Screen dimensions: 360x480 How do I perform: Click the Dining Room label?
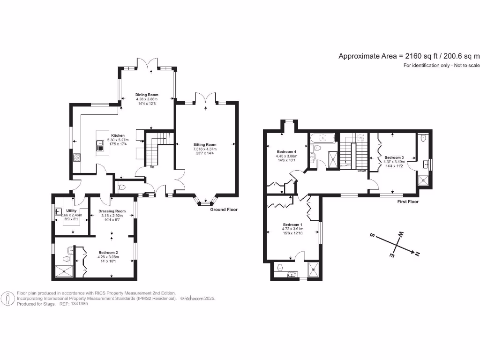(x=147, y=95)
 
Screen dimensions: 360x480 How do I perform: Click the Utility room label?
(x=71, y=211)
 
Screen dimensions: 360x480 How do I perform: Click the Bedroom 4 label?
(x=286, y=152)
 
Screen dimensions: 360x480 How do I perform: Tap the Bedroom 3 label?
(x=394, y=157)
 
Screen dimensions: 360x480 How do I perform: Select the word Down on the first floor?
(x=361, y=171)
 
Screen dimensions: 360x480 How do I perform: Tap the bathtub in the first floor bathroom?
(x=322, y=138)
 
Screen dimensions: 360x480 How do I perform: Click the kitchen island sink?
(x=100, y=143)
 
